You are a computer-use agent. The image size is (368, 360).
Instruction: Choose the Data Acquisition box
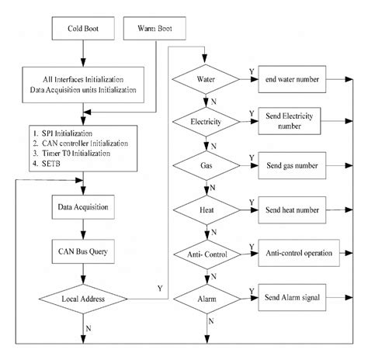83,209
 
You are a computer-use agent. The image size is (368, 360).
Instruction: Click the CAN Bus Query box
83,251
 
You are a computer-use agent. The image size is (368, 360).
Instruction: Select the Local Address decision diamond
83,299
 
